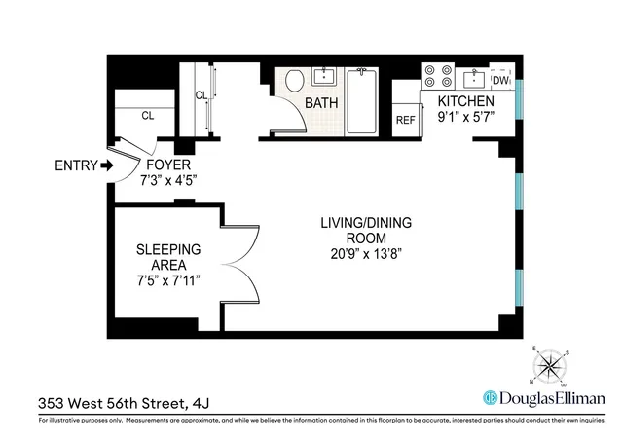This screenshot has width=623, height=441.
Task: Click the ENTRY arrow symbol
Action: pos(92,165)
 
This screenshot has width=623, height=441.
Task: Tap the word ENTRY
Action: pos(61,165)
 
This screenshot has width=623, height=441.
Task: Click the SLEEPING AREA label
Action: pos(168,257)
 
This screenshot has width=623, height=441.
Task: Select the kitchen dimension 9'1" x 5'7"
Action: pos(465,116)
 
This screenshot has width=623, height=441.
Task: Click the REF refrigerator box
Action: pos(405,120)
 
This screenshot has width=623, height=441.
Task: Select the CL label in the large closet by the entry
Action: pos(148,115)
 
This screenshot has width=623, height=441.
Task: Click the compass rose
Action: pos(551,368)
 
